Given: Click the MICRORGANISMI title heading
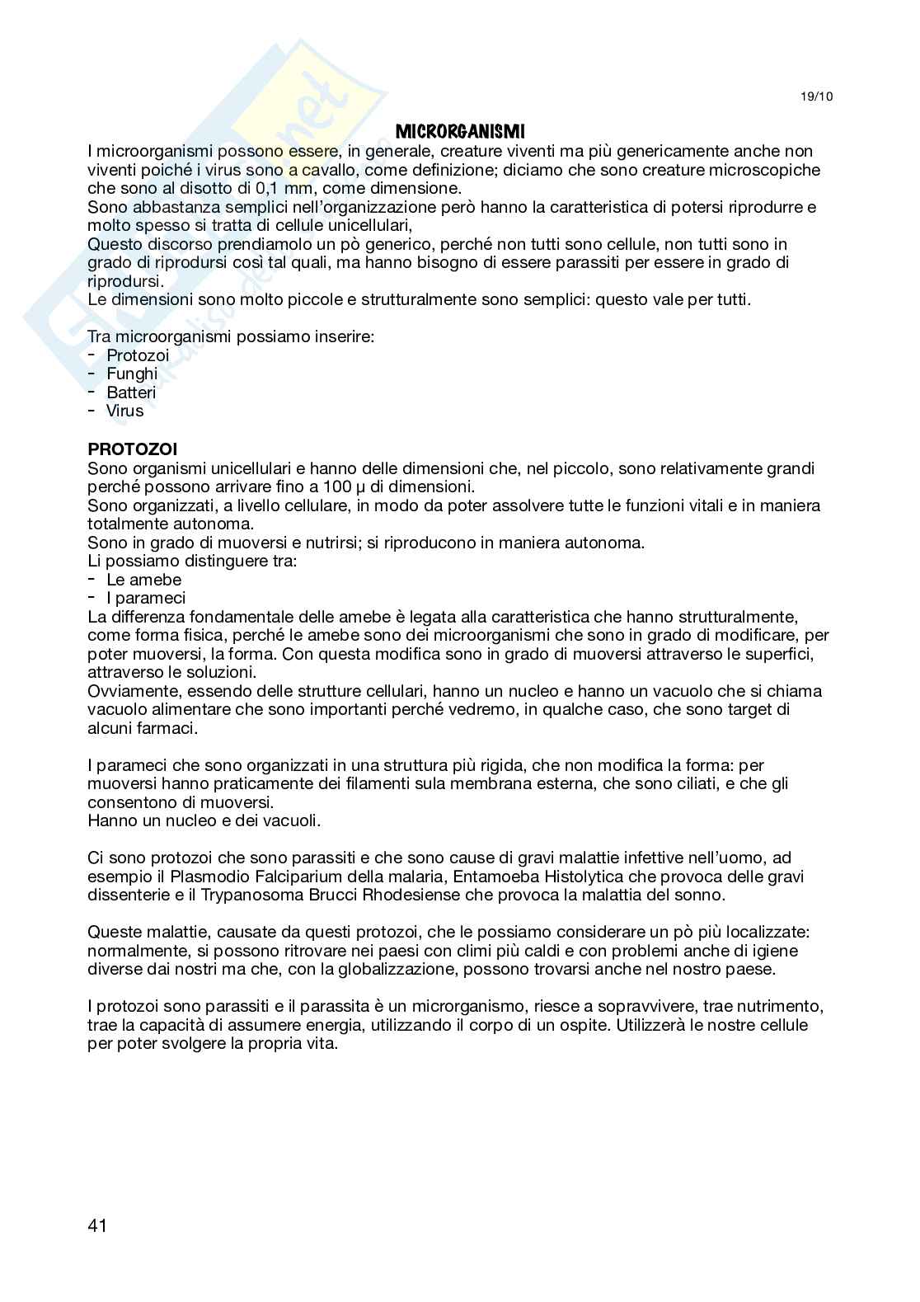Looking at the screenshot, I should [460, 131].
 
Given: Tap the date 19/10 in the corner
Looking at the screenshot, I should [817, 96].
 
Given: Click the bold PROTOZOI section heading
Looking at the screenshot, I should [132, 450].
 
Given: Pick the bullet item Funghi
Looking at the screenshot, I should [132, 374].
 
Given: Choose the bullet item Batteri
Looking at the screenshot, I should [131, 392].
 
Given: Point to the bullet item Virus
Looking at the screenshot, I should [124, 411].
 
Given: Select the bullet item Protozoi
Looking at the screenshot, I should [138, 355].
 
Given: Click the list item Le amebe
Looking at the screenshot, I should [143, 580].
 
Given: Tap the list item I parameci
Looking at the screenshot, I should [146, 598].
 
